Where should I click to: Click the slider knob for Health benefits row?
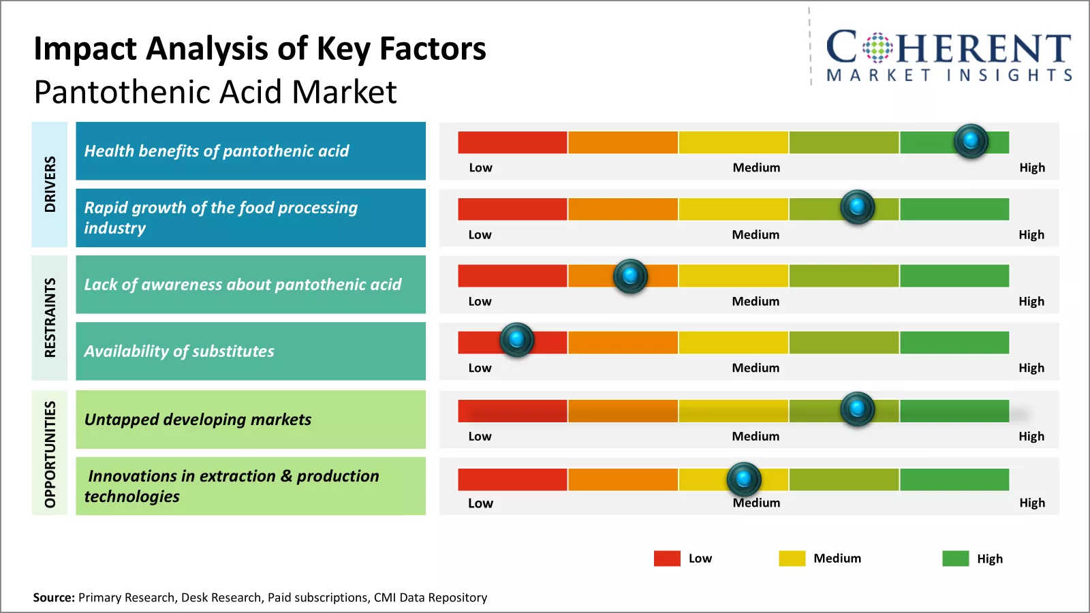971,141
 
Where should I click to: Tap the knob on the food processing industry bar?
857,206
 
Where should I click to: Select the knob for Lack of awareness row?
630,276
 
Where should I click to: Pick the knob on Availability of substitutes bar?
516,339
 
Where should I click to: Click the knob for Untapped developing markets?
857,409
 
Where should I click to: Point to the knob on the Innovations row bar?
743,479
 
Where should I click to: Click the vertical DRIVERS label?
50,184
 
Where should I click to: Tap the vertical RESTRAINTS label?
50,317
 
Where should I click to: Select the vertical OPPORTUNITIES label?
50,454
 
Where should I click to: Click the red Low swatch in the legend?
667,559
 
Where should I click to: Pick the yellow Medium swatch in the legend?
792,559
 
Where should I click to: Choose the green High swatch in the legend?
955,559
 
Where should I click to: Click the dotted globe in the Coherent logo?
877,48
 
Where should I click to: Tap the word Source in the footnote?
53,597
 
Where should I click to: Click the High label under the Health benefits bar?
1031,168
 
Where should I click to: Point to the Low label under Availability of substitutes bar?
480,368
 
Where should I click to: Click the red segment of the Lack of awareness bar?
512,276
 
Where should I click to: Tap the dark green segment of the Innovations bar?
954,480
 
